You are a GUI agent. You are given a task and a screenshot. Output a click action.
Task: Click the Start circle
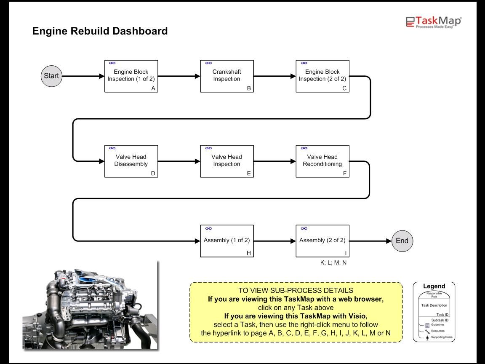point(51,76)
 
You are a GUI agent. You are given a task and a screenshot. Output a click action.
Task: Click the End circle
point(402,241)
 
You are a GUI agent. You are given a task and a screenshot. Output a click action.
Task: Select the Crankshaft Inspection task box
point(227,76)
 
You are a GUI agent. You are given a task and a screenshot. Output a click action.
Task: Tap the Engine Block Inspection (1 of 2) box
point(131,76)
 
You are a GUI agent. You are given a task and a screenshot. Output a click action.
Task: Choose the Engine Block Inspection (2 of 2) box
point(322,76)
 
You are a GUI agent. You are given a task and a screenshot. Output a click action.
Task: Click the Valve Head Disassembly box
point(131,161)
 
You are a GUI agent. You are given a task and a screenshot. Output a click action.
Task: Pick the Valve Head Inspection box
point(227,161)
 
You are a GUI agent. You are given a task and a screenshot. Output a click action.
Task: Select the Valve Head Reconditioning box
point(322,161)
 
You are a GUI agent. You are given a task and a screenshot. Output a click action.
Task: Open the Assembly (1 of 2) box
point(227,241)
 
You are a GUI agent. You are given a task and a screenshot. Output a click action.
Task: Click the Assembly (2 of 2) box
point(322,241)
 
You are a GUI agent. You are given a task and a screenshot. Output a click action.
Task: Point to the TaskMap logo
point(434,22)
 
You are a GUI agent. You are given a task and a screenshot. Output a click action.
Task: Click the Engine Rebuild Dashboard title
point(100,31)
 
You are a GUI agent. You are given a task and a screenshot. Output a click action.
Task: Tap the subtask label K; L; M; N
point(333,262)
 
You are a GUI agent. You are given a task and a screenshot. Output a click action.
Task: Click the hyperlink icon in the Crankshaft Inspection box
point(208,63)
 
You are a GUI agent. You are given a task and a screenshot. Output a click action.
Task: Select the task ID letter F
point(344,173)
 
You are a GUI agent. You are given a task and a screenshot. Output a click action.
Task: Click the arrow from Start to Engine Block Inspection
point(83,76)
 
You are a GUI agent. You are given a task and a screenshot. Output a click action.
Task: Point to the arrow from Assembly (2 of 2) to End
point(370,241)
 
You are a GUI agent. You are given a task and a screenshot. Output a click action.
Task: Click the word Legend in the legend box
point(434,286)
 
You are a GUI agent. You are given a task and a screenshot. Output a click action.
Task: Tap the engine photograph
point(90,305)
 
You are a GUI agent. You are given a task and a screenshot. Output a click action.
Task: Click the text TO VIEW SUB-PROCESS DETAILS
point(296,291)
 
